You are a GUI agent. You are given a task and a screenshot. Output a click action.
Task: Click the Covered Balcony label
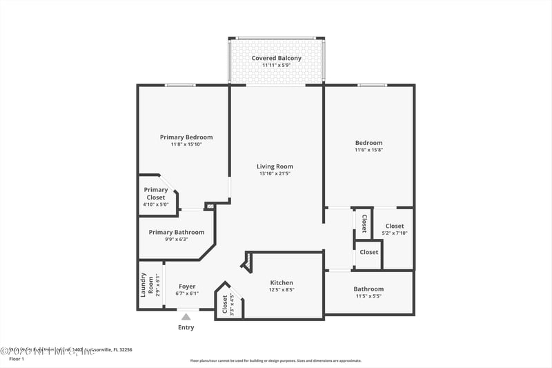[x=276, y=58]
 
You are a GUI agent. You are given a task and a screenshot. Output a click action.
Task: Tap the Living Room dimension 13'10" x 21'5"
[x=275, y=173]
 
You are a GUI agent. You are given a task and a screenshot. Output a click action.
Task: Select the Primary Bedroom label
[x=186, y=137]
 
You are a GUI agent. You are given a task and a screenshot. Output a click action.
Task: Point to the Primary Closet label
[x=156, y=193]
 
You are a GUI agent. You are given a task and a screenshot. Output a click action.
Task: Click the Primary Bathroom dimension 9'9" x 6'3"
[x=176, y=240]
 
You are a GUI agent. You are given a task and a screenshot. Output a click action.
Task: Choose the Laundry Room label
[x=147, y=284]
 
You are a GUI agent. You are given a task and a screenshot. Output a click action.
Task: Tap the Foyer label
[x=187, y=286]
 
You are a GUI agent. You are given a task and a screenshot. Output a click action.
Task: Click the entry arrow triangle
[x=186, y=317]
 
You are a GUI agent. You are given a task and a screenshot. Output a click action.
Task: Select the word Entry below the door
[x=186, y=327]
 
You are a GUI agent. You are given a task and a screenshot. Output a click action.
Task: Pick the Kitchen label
[x=282, y=282]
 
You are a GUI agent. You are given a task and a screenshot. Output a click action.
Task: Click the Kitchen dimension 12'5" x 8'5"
[x=282, y=290]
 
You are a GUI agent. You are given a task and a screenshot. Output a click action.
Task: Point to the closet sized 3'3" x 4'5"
[x=228, y=305]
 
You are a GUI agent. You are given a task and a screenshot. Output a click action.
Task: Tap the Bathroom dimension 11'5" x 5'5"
[x=368, y=296]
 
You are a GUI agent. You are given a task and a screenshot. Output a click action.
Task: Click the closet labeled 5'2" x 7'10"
[x=395, y=229]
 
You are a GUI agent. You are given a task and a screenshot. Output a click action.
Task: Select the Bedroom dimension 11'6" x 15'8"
[x=368, y=150]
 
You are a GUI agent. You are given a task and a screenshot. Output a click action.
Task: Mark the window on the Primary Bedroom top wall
[x=179, y=85]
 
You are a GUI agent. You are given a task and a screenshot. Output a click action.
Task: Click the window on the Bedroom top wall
[x=372, y=85]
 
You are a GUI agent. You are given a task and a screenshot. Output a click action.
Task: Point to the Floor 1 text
[x=16, y=359]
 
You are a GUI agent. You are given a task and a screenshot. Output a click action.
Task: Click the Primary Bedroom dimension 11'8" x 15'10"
[x=186, y=144]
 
